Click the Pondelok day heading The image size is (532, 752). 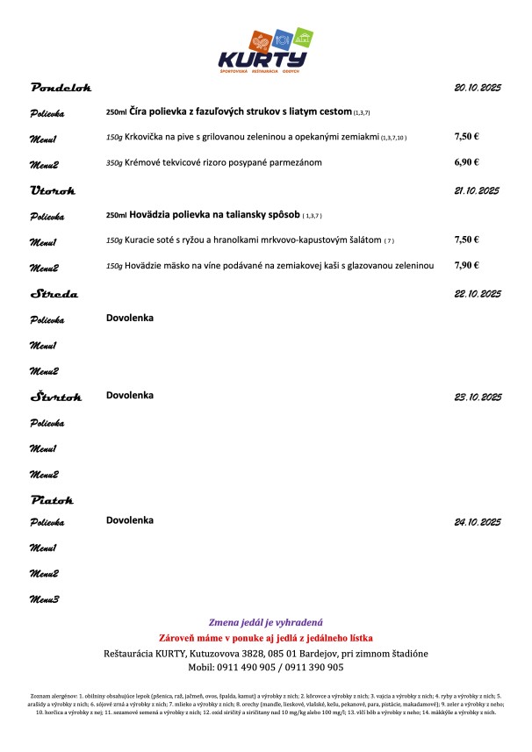point(61,88)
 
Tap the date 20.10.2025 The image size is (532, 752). point(477,88)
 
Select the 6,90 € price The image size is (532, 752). point(466,163)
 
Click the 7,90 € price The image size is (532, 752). point(466,264)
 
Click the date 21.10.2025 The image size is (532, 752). point(477,190)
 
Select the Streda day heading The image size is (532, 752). point(54,295)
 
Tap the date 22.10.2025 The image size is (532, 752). point(477,295)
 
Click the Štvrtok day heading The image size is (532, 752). point(57,397)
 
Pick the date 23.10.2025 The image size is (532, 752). point(477,397)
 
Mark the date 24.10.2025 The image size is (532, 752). point(477,522)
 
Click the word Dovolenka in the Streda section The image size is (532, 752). point(130,319)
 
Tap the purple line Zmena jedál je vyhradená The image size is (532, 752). point(266,621)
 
